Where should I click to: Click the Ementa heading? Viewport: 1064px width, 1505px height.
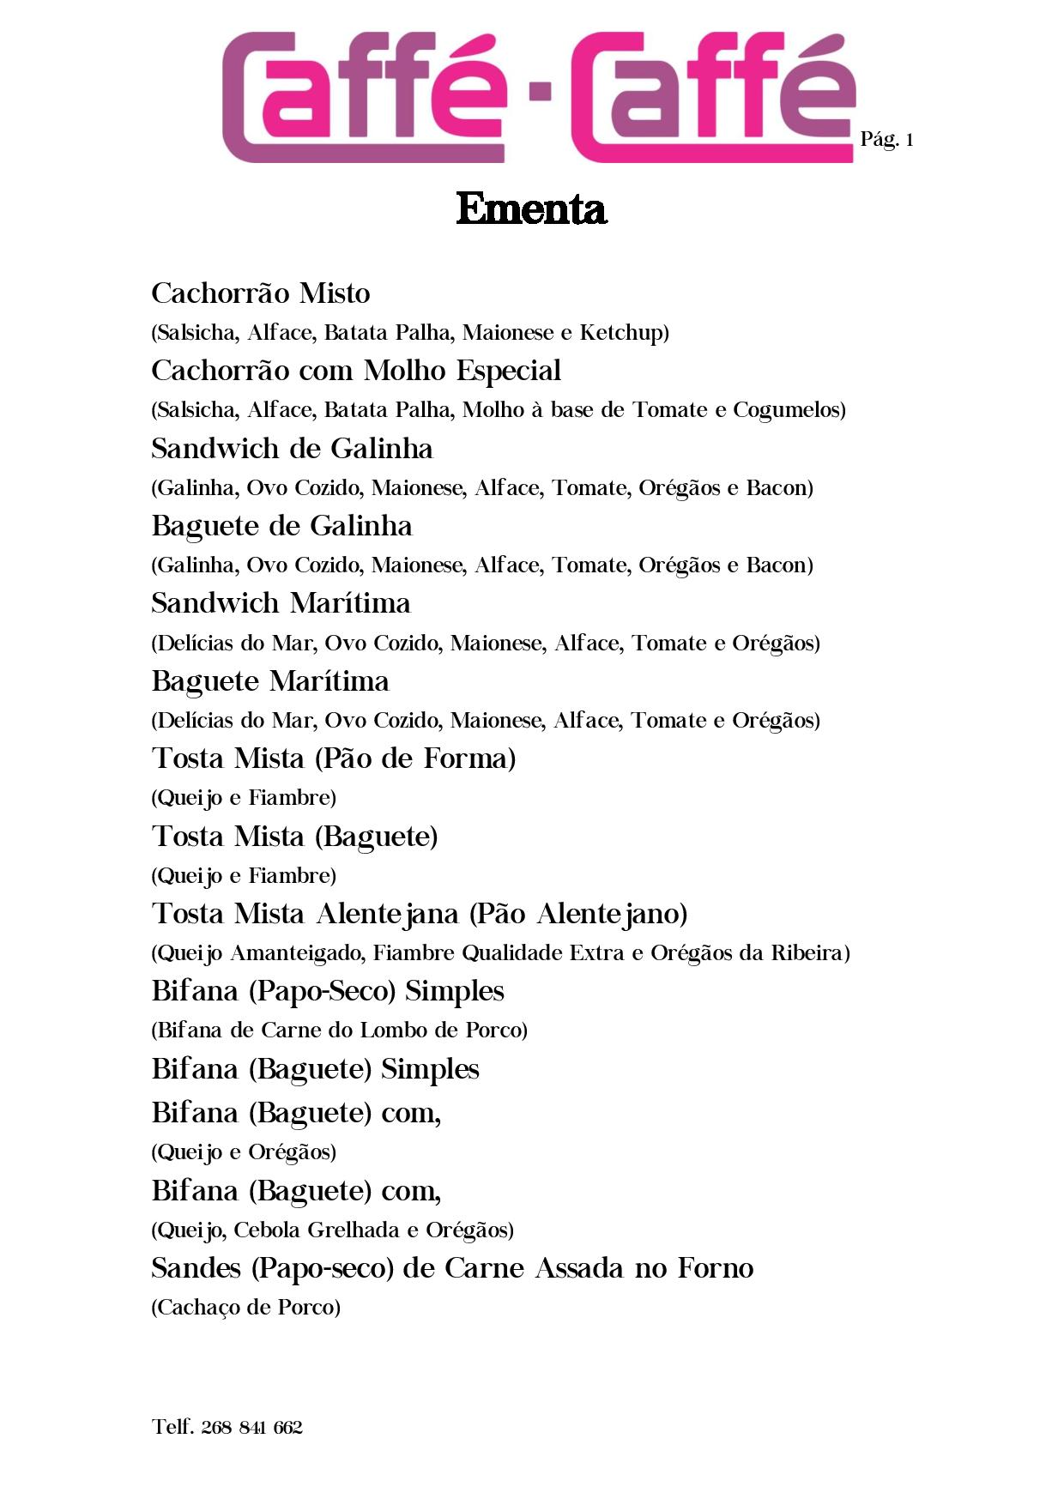click(531, 209)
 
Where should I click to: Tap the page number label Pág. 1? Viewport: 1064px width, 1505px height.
click(886, 140)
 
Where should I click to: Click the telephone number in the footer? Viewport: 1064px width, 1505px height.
click(227, 1427)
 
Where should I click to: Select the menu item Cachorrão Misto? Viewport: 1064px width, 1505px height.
click(261, 293)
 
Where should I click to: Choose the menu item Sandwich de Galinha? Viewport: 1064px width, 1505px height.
click(292, 449)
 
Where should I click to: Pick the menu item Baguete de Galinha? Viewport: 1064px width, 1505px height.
click(281, 526)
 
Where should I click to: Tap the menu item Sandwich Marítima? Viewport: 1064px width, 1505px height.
click(281, 603)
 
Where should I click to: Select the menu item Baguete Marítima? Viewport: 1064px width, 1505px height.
click(270, 681)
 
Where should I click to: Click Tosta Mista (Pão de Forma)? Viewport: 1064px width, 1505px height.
click(334, 759)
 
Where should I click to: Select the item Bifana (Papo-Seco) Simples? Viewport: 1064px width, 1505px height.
click(328, 991)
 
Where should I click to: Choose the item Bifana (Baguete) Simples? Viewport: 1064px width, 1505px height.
click(315, 1069)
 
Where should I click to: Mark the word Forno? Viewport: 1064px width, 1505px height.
click(716, 1268)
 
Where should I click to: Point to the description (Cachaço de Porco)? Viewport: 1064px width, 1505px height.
click(246, 1307)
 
